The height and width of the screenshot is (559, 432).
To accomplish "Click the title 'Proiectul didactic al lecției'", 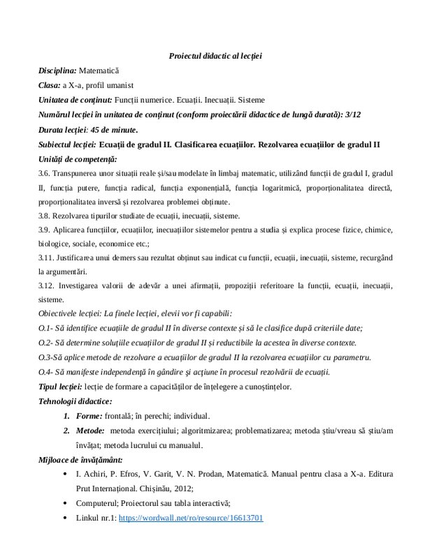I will (x=215, y=55).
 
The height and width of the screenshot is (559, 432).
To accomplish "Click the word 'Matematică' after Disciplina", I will (x=100, y=71).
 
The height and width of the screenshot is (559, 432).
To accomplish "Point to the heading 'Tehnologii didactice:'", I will (x=75, y=401).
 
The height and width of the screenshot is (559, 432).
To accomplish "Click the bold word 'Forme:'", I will (x=89, y=416).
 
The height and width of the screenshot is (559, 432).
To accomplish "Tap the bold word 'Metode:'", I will (x=90, y=430).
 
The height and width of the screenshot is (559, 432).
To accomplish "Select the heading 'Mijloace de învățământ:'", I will (x=80, y=460).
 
